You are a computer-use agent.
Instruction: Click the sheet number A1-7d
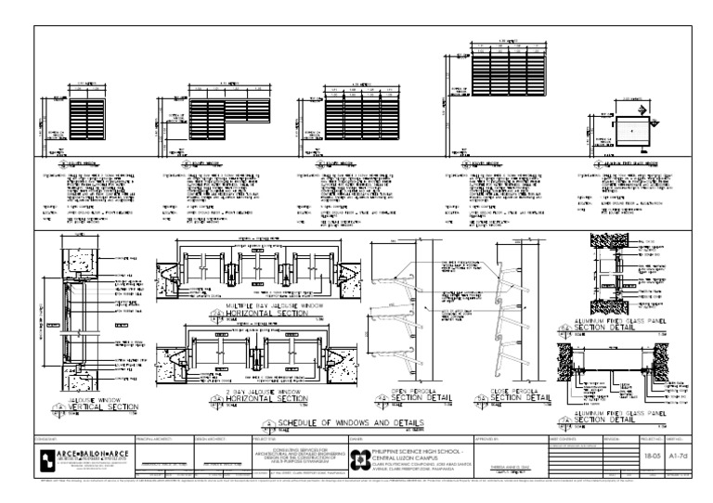click(680, 445)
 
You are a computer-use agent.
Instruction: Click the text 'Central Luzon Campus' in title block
click(417, 445)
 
